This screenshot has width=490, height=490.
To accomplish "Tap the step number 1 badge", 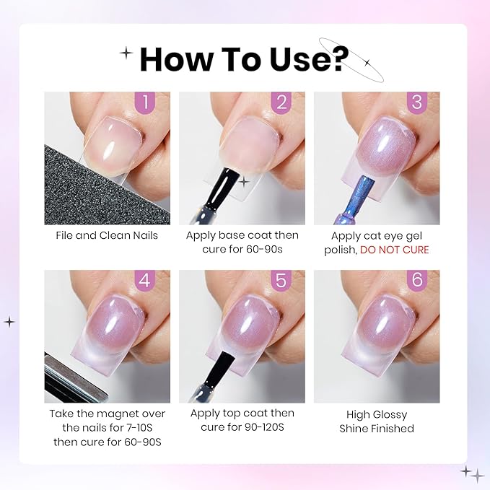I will coord(147,102).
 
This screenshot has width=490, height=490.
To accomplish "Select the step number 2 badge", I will coord(282,102).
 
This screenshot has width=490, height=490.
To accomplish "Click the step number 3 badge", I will coord(416,102).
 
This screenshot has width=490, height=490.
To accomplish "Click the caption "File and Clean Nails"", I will coord(106,235).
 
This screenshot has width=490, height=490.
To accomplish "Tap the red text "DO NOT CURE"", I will coord(394,250).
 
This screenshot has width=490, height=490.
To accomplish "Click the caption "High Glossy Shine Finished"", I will coord(376,421).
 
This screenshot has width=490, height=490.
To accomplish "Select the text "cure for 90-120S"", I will coord(242,428).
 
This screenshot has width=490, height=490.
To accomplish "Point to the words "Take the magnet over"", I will coord(107,414).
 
